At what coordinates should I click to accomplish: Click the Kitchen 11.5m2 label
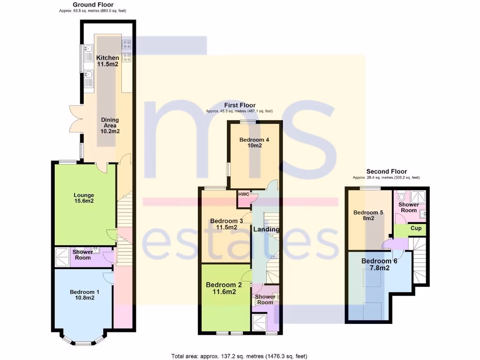[x=107, y=61]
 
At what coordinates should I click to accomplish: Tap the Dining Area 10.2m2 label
[x=110, y=126]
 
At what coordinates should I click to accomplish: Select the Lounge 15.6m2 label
[x=83, y=199]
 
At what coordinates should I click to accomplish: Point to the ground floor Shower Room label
[x=82, y=255]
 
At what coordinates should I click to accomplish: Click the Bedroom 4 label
[x=254, y=142]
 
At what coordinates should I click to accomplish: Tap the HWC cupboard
[x=244, y=194]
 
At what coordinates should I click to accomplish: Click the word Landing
[x=266, y=229]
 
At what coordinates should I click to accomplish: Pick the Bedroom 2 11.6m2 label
[x=223, y=288]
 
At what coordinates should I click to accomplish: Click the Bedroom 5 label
[x=368, y=215]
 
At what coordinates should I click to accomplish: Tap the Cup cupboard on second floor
[x=416, y=229]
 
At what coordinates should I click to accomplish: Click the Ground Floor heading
[x=92, y=5]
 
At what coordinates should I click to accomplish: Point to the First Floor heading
[x=239, y=105]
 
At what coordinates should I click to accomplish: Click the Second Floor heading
[x=386, y=172]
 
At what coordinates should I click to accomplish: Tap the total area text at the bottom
[x=240, y=356]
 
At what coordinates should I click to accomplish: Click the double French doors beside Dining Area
[x=75, y=121]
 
